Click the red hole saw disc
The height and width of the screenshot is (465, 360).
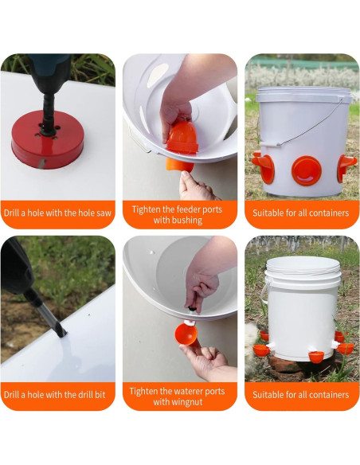point(48,139)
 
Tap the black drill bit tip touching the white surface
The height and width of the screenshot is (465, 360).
point(63,334)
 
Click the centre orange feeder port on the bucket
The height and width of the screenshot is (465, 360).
point(307,171)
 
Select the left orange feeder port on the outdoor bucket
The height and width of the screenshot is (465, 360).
point(264,166)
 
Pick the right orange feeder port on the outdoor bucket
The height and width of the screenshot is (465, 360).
point(346,167)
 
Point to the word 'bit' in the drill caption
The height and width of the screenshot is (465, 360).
point(100,395)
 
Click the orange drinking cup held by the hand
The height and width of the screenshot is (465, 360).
point(186,334)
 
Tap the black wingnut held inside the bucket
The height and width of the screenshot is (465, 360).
point(192,309)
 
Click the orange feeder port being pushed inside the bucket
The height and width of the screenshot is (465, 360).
point(182,138)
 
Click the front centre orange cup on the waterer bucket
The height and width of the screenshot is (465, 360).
point(316,356)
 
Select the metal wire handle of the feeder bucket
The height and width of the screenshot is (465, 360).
point(308,126)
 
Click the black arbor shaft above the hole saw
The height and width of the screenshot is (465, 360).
point(48,115)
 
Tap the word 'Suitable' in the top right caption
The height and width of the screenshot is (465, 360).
point(268,213)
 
